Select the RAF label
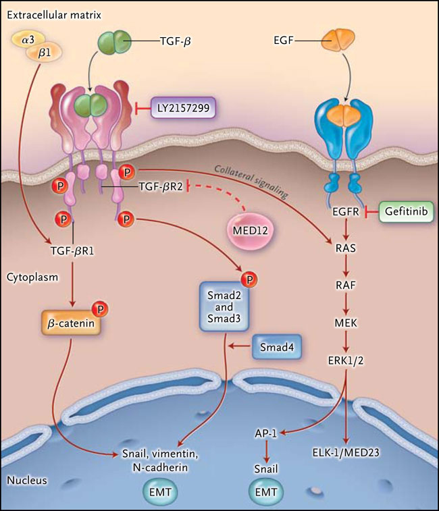346,285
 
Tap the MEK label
346,322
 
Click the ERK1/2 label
346,359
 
